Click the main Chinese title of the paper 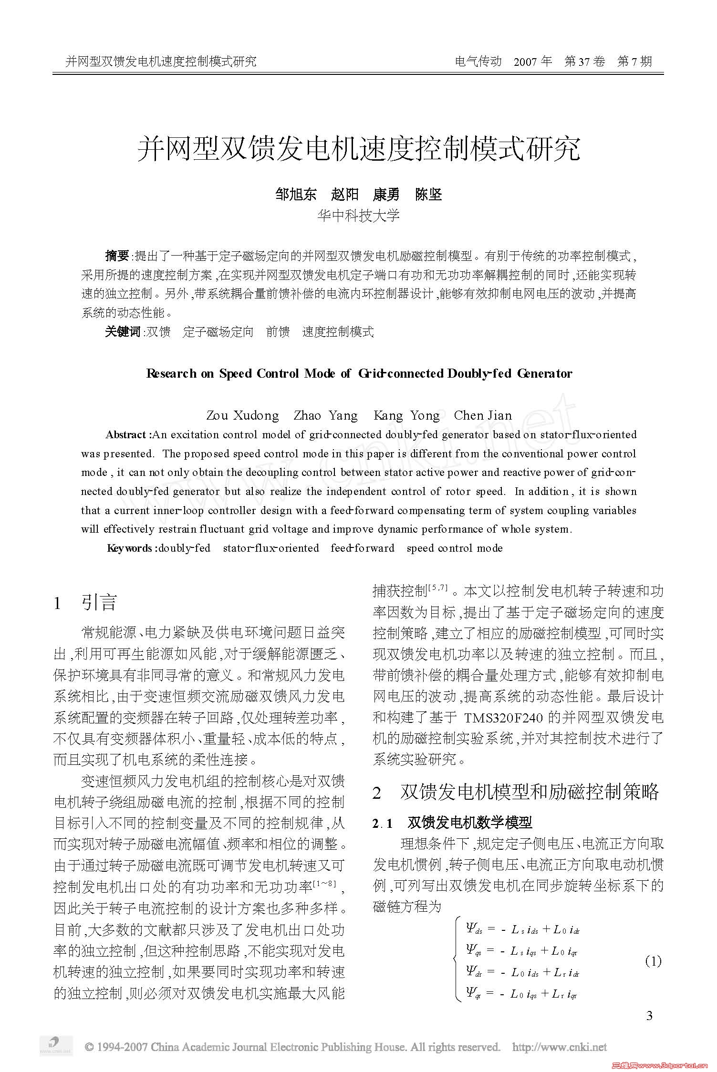358,149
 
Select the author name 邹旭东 296,195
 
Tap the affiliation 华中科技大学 358,216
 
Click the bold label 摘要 117,256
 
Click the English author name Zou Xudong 242,416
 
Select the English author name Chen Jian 483,416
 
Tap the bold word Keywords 129,548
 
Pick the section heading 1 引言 86,603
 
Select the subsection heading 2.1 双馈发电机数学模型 452,823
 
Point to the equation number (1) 653,961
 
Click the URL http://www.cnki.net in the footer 559,1047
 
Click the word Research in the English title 171,373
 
